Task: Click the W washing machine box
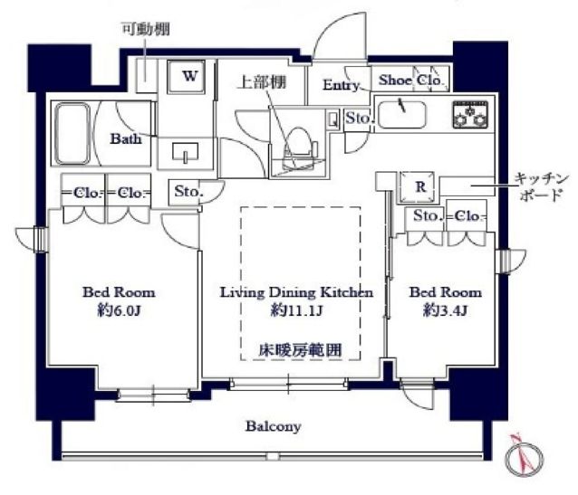pos(190,77)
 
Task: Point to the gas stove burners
pos(470,114)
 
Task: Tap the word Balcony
pos(272,425)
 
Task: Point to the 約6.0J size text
pos(118,310)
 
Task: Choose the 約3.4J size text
pos(445,310)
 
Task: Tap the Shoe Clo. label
pos(411,81)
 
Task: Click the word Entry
pos(342,85)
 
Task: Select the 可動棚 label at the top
pos(144,30)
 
